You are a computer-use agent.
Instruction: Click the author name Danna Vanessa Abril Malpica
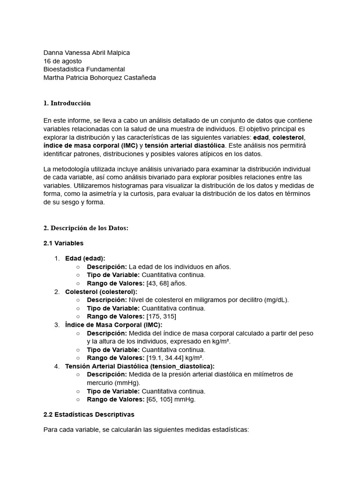87,53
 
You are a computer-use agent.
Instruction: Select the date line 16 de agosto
62,61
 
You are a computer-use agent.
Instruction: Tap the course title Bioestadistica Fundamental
84,69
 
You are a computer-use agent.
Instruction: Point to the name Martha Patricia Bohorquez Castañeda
99,78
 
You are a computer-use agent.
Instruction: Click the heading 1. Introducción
67,103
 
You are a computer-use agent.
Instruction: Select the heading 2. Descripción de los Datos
86,228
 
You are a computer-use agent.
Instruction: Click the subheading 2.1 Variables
63,243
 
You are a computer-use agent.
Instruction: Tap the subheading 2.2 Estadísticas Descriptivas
89,414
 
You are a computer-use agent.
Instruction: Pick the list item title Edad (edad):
85,258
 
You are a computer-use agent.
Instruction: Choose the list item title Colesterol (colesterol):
101,292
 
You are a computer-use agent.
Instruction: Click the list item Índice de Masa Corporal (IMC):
114,325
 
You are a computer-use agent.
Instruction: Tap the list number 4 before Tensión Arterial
56,366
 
